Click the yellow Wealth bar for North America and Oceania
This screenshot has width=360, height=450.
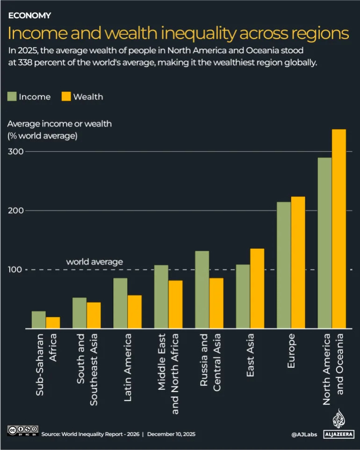(338, 229)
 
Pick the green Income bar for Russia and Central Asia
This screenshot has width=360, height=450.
(202, 290)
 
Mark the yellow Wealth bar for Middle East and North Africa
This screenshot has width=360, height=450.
(175, 304)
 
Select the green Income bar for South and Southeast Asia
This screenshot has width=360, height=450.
(79, 313)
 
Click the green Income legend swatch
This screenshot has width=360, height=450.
(12, 97)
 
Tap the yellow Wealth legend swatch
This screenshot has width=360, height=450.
(66, 97)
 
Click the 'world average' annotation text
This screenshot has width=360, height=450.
(94, 262)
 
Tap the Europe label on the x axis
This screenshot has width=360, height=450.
(291, 351)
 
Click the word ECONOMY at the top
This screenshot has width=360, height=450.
(29, 15)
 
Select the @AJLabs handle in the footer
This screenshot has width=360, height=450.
(304, 434)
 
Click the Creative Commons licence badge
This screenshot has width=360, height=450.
(22, 431)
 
